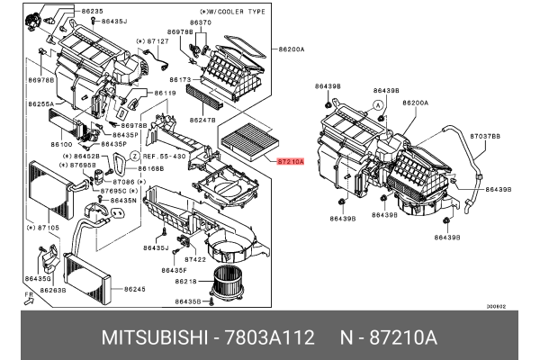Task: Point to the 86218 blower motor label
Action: coord(189,282)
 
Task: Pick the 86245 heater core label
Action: coord(134,288)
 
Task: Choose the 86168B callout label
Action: coord(150,168)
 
